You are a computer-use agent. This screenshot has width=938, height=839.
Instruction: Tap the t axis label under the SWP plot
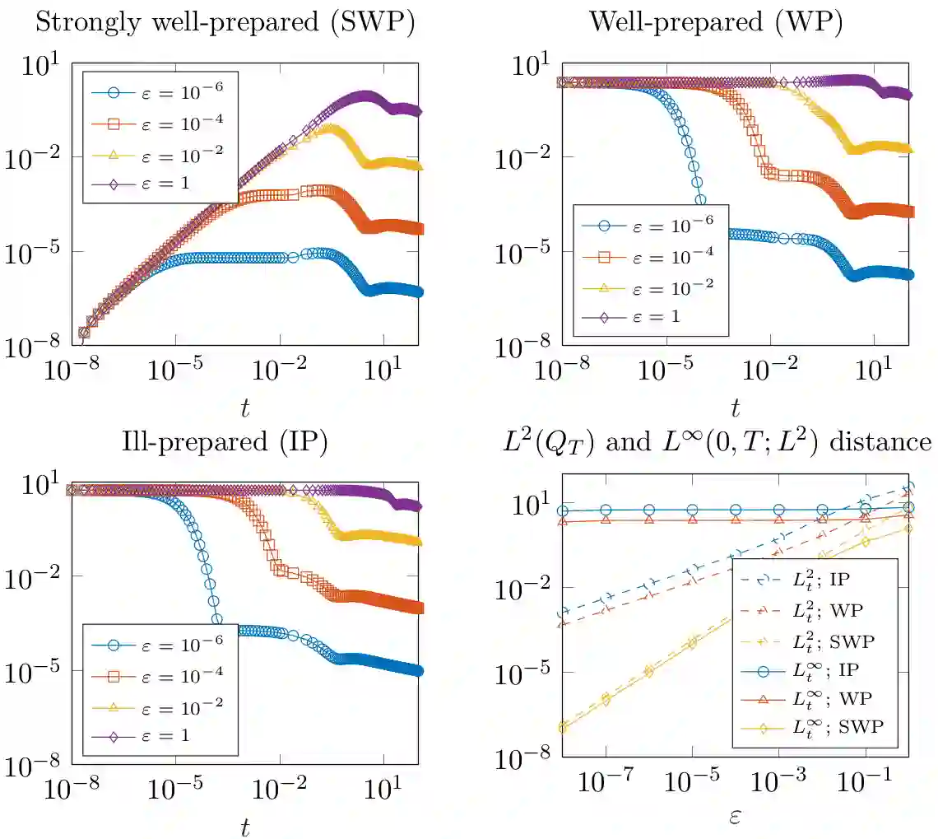[244, 408]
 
